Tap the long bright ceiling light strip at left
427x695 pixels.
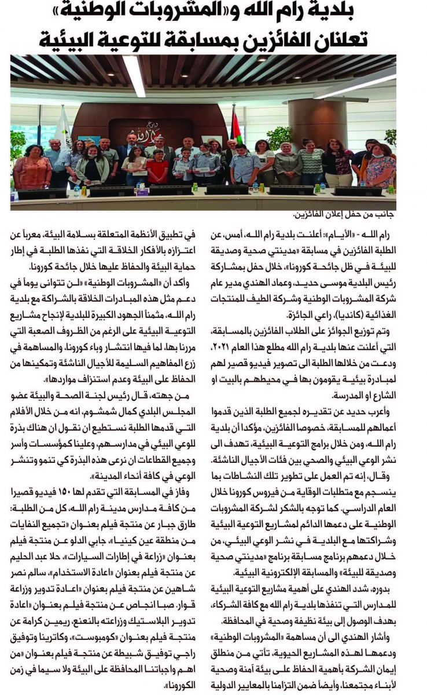[134, 75]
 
